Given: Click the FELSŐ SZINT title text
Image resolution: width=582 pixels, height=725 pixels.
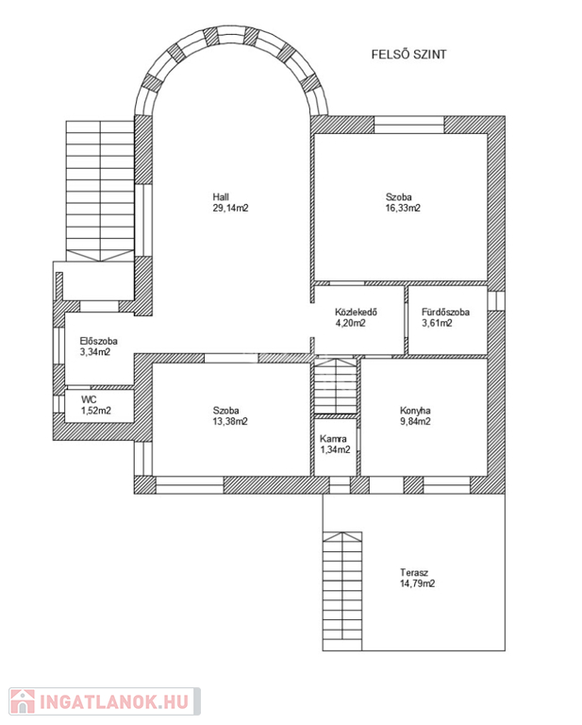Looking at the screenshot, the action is coord(408,55).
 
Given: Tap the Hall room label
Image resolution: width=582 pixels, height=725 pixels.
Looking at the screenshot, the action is coord(221,197).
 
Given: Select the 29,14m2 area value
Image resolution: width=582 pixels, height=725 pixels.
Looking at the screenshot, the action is coord(230,208).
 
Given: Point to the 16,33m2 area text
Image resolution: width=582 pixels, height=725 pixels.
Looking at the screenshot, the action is coord(403,208).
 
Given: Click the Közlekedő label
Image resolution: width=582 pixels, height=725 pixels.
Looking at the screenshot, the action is coord(357,312).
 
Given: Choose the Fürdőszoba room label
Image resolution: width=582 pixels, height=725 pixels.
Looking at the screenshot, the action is coord(446,312).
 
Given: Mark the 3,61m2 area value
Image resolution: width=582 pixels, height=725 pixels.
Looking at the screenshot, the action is coord(437,323).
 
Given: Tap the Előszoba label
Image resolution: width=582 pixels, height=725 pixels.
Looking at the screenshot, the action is coord(99,341).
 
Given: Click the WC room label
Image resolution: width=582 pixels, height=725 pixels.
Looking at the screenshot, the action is coord(89,399).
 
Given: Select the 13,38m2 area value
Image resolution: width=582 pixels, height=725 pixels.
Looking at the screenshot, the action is coord(230,422).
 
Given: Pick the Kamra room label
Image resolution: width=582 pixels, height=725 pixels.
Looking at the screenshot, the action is coord(333,439).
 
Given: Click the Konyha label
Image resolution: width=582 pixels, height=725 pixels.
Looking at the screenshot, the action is coord(415,411).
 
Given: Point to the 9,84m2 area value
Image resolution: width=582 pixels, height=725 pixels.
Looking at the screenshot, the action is coord(415,422).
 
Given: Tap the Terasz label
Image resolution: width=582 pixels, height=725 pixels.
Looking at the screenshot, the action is coord(414,572).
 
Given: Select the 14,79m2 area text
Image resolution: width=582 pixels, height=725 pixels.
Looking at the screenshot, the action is coord(418,583).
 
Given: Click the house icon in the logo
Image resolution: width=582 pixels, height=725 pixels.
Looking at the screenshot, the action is coord(23,701).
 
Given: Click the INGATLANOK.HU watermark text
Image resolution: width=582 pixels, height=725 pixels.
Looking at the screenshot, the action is coord(114,702).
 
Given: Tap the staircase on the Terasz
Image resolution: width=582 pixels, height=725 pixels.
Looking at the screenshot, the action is coord(342,591).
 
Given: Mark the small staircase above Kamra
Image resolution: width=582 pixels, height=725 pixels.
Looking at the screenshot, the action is coord(336,385).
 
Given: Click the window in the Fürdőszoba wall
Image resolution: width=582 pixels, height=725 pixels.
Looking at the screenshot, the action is coord(496,300).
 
